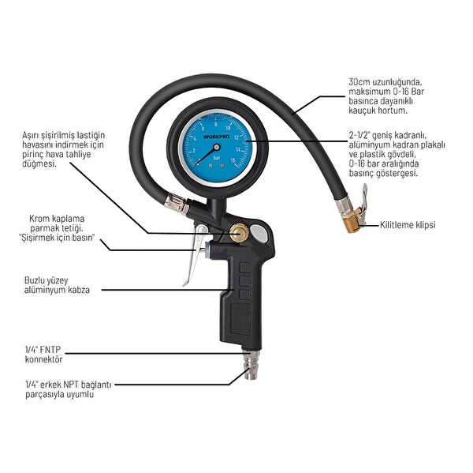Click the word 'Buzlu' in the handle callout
(35, 280)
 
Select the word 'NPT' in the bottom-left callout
(69, 385)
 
